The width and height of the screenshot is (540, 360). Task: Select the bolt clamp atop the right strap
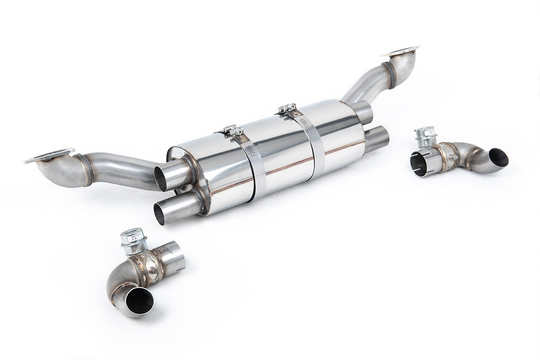click(x=287, y=109)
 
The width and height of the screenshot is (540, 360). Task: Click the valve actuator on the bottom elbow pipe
click(x=132, y=238)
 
